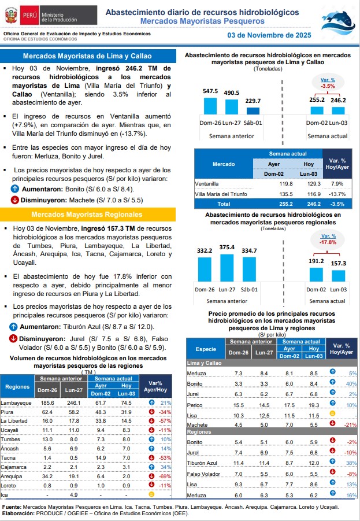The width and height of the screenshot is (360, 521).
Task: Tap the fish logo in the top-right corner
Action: click(338, 20)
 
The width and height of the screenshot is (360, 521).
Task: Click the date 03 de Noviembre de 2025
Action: click(269, 35)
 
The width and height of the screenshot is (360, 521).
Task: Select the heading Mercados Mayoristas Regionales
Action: click(88, 215)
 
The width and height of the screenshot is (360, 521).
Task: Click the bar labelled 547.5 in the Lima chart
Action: click(210, 106)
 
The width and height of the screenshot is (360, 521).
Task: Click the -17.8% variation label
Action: click(328, 242)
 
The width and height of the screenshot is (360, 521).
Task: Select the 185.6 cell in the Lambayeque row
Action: click(48, 402)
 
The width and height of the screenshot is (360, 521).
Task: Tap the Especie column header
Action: click(206, 349)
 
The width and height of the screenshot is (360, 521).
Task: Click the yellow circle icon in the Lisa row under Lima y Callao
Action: click(332, 415)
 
